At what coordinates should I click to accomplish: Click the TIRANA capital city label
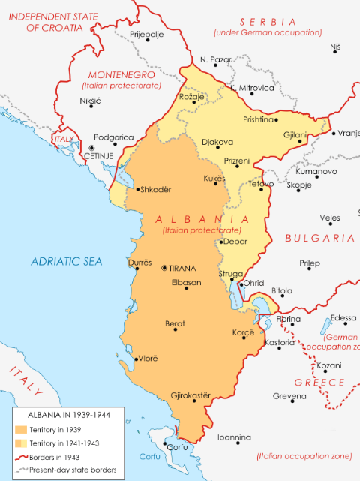184,268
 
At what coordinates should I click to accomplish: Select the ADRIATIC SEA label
65,261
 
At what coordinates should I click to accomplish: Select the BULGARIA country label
319,238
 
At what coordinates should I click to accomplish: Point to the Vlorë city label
147,359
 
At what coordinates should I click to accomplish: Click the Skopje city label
298,184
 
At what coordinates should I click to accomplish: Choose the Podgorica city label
114,137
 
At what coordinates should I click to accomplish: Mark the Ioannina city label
234,437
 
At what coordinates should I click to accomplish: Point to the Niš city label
334,47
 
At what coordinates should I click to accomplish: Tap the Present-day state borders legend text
73,470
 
